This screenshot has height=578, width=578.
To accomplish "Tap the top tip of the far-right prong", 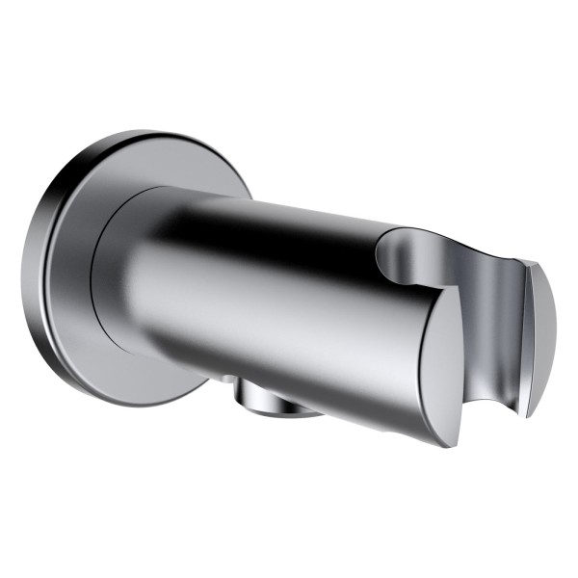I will (525, 262).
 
